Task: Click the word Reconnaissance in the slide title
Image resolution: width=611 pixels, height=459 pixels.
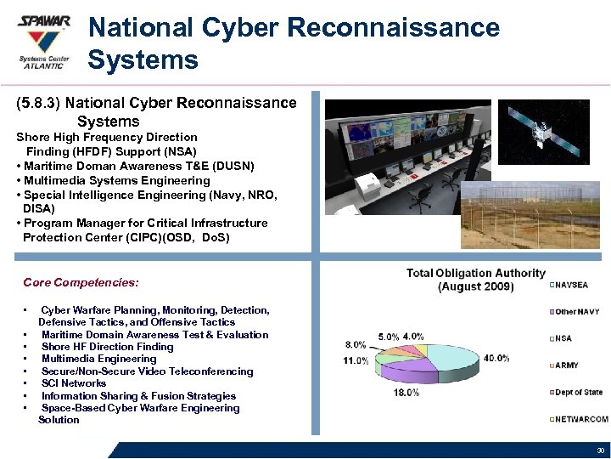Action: [393, 27]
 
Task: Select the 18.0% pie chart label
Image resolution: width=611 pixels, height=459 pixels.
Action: [406, 393]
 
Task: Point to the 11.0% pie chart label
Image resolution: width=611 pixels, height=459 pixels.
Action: [356, 360]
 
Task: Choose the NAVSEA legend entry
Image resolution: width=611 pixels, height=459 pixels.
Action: [573, 285]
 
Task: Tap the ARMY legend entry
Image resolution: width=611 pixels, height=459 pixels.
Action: [566, 365]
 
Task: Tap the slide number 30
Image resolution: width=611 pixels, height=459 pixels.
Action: [600, 450]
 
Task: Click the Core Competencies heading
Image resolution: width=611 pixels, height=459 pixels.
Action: [81, 282]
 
